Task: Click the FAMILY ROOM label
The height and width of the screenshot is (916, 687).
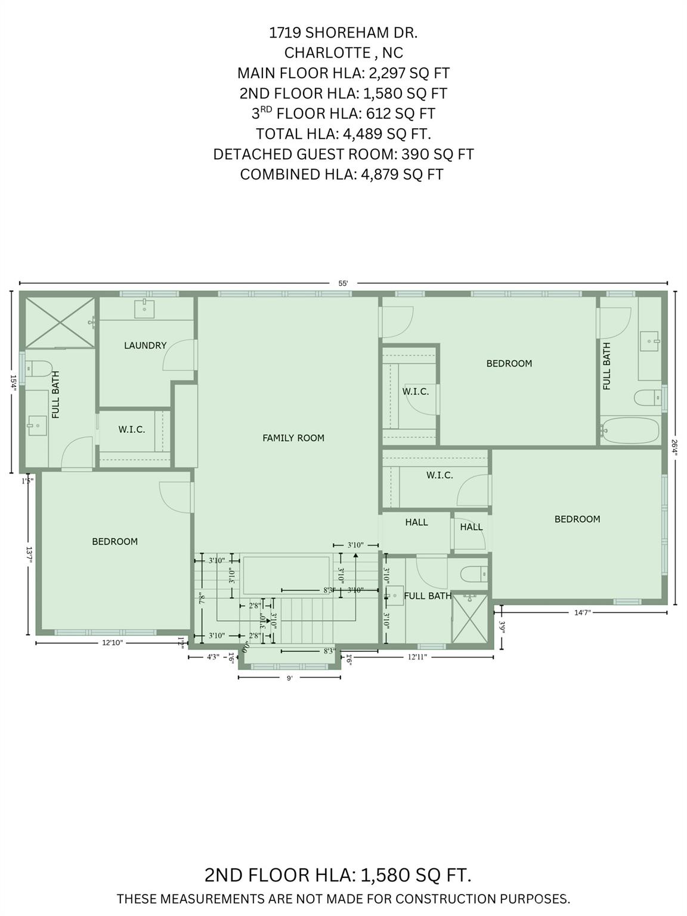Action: pos(293,438)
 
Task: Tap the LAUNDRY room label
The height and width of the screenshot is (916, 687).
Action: pos(145,345)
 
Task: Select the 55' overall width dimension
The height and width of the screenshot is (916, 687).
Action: pos(343,284)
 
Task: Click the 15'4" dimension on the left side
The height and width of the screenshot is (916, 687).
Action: pos(12,382)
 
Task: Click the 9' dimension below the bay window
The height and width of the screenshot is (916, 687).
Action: pos(289,678)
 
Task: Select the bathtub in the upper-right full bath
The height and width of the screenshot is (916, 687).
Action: pos(630,429)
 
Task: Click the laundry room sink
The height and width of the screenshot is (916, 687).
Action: pos(145,308)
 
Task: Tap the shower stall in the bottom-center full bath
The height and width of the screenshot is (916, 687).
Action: pos(469,621)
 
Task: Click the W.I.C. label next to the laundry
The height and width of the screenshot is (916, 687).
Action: pos(131,429)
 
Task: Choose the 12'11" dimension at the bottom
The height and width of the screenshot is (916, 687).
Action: pos(417,657)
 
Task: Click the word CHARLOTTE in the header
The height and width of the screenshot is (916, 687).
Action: pos(328,52)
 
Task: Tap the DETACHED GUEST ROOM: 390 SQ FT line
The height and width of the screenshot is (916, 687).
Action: pos(343,154)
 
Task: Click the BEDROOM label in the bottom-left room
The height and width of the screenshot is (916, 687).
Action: pos(114,541)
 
